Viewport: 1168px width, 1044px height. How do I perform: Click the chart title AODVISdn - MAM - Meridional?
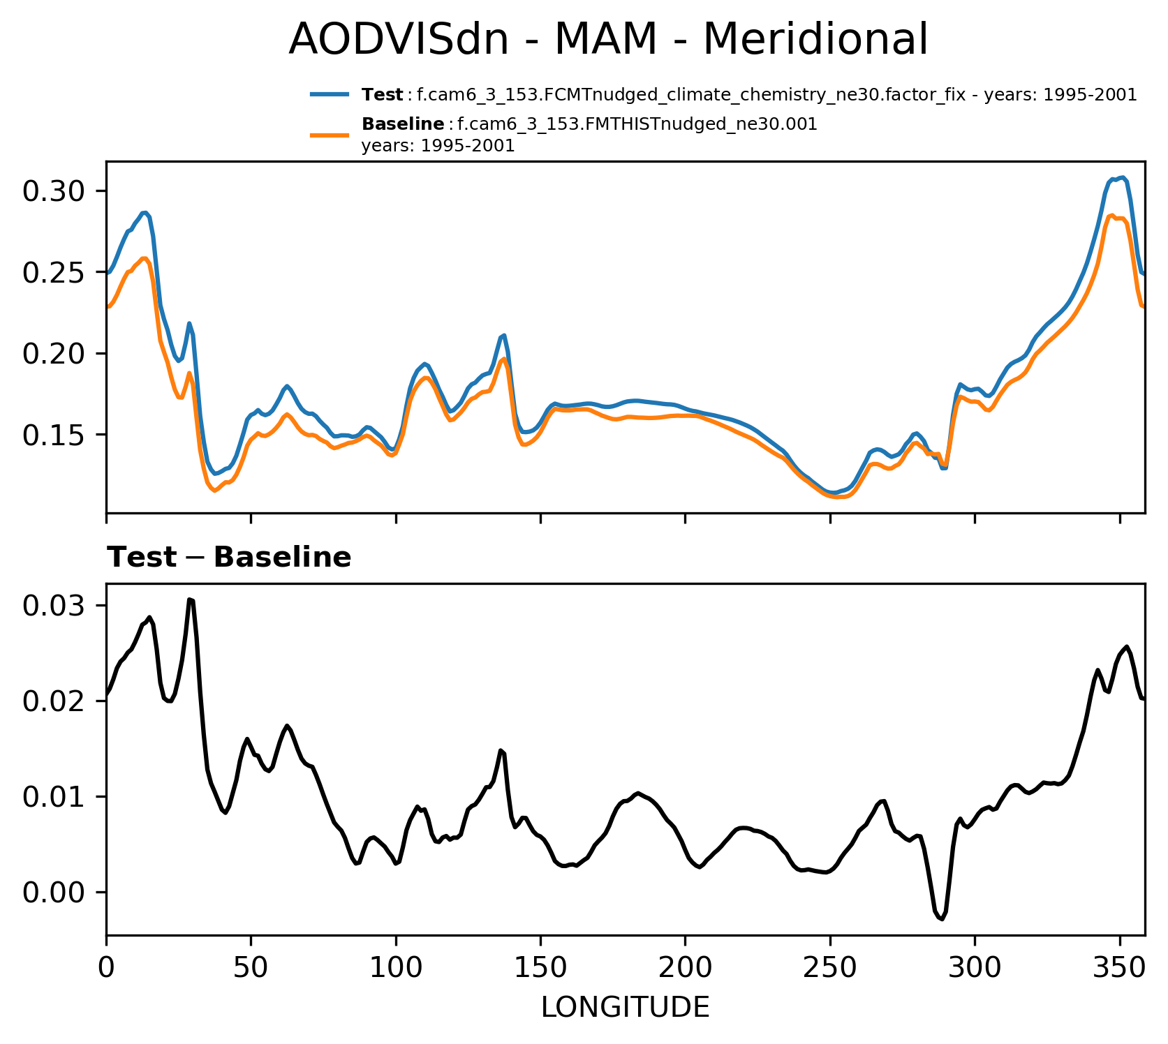[x=608, y=40]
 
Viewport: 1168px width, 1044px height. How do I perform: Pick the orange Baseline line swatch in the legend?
[x=330, y=134]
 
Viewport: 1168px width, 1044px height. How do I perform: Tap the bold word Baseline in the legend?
[x=403, y=125]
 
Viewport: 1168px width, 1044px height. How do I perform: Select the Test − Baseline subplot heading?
[x=229, y=558]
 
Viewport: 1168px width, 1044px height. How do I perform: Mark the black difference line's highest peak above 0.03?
[x=190, y=599]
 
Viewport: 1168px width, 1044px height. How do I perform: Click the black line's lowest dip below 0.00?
[x=942, y=919]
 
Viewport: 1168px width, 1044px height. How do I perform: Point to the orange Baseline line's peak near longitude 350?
[x=1111, y=215]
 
